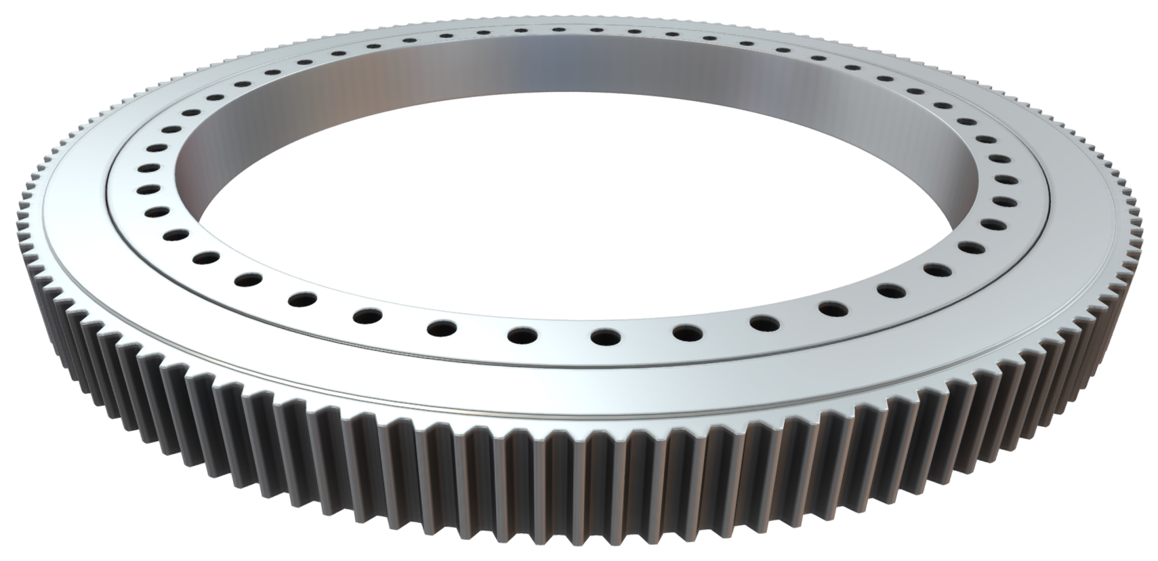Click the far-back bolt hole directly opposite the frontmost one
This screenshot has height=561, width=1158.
[558, 29]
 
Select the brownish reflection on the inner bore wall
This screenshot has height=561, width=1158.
[366, 88]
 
